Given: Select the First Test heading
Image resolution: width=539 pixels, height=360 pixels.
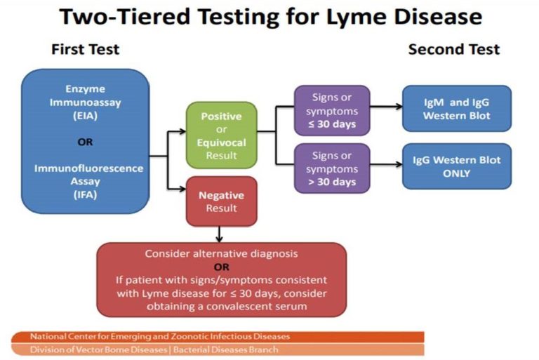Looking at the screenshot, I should point(85,49).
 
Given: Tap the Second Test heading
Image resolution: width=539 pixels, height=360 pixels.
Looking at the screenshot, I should point(453,49).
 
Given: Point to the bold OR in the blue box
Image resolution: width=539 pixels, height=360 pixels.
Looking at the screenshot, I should point(85,141).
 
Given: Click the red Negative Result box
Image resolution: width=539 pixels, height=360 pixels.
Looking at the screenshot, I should point(221,201).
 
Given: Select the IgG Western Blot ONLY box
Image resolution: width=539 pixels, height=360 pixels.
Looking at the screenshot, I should point(455,166).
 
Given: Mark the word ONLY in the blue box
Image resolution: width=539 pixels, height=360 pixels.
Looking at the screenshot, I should point(455,173).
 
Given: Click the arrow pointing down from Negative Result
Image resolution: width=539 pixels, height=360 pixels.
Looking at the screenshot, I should point(221,234).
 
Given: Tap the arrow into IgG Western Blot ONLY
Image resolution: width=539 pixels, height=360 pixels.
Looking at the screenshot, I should point(386,166).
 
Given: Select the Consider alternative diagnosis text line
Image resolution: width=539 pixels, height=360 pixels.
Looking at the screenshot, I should point(221,253).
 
